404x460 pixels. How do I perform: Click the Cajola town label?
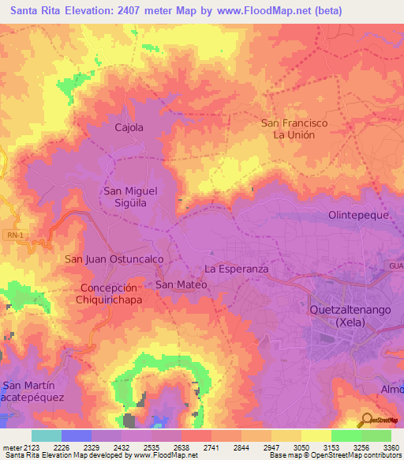pos(129,127)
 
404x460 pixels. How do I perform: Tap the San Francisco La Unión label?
pos(294,129)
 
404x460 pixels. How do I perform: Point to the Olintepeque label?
pos(360,215)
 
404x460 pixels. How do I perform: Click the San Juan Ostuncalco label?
pos(114,258)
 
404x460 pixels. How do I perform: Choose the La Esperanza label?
pos(237,269)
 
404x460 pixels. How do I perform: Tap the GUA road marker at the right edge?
pos(395,266)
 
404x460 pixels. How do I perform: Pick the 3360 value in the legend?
pos(391,447)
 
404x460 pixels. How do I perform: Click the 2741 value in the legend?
pos(195,447)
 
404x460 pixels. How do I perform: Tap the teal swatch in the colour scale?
pos(47,435)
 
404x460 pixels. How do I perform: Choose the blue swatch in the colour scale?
pos(77,435)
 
